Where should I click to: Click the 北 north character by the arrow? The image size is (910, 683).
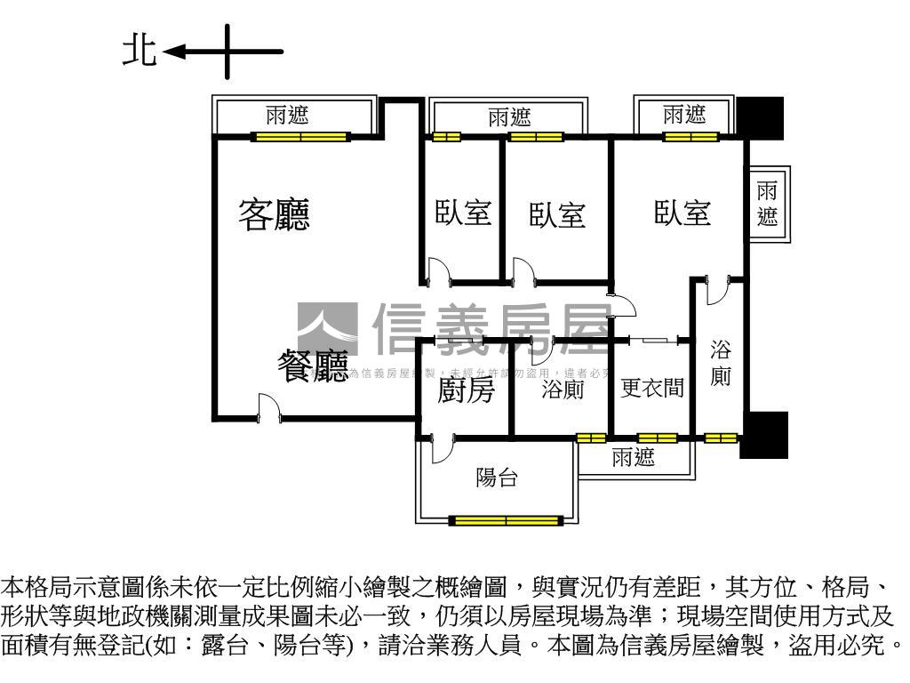(139, 51)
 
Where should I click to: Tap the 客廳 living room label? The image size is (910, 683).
(274, 214)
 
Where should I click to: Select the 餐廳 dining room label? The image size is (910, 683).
(313, 366)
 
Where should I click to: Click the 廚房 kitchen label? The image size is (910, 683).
(466, 390)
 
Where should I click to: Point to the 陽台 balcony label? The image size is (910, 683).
(497, 478)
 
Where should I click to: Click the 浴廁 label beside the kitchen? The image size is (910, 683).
(563, 390)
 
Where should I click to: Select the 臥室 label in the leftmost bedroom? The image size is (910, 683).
(463, 213)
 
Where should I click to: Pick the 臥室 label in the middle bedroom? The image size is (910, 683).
(557, 214)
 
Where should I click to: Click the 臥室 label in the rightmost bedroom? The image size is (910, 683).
(682, 213)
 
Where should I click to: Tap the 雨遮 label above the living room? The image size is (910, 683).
(288, 115)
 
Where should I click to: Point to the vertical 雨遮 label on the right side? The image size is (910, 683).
(767, 204)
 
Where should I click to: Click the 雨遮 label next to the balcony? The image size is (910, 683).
(634, 458)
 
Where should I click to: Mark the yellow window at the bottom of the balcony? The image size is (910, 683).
(507, 520)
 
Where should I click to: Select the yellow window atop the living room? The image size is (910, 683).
(300, 137)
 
